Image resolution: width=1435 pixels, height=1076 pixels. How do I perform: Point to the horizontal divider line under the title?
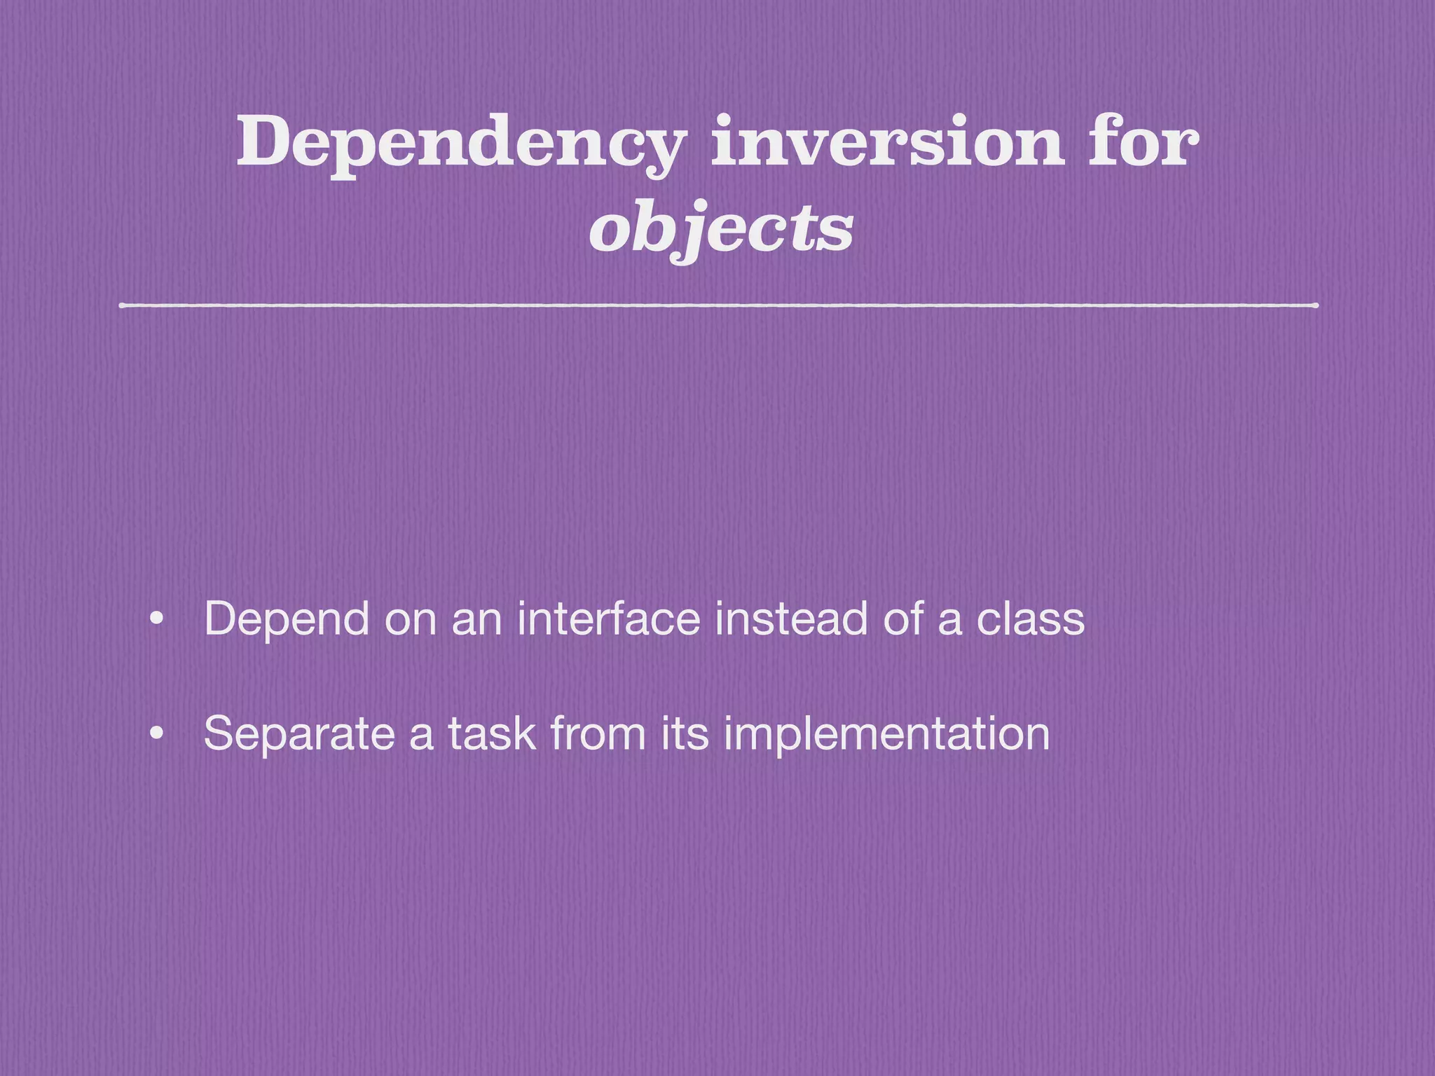719,305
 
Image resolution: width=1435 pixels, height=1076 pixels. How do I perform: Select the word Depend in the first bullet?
287,620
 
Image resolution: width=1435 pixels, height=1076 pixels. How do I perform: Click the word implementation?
886,734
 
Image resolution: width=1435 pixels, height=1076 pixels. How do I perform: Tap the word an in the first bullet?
476,620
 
